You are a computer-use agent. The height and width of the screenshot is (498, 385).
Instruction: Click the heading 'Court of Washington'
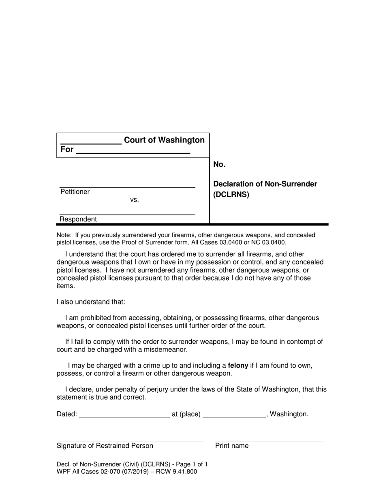point(164,140)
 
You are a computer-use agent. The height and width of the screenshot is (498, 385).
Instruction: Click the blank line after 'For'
point(133,153)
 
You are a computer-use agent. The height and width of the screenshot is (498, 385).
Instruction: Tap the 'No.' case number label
point(219,164)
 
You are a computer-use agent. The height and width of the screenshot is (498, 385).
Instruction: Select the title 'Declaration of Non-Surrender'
point(265,184)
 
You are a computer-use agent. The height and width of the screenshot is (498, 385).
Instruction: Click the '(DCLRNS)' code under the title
point(231,194)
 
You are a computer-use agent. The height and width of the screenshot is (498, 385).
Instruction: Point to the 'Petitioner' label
point(75,192)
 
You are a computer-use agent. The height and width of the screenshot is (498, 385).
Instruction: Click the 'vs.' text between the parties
point(135,200)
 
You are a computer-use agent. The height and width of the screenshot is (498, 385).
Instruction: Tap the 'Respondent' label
point(78,219)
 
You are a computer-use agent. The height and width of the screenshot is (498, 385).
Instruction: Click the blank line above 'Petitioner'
point(127,187)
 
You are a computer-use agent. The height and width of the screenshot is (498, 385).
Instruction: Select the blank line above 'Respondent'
point(127,214)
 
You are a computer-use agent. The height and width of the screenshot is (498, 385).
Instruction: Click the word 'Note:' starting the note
point(64,235)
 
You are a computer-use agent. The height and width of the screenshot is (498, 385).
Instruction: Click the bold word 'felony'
point(238,366)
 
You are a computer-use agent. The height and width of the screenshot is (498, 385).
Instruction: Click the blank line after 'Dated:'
point(124,416)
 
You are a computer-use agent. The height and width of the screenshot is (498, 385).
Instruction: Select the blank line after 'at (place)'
point(234,416)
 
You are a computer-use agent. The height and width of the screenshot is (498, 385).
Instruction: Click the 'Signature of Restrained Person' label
point(105,446)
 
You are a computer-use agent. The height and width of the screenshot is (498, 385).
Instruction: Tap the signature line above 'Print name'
point(269,441)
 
